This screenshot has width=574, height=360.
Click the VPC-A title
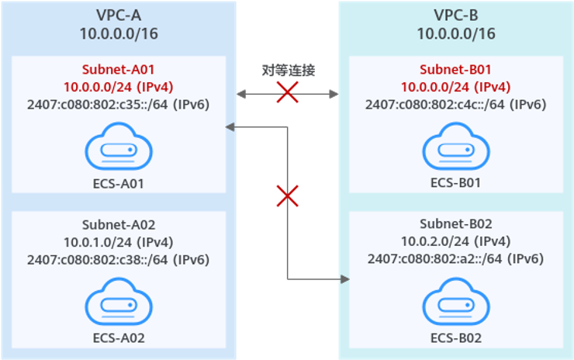point(118,14)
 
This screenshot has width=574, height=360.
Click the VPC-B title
point(455,14)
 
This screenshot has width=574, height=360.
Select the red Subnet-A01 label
point(118,68)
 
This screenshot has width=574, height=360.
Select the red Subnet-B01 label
point(455,68)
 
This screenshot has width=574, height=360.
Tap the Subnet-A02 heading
point(118,225)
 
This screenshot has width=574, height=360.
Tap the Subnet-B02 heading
point(455,225)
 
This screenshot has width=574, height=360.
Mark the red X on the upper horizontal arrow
point(288,94)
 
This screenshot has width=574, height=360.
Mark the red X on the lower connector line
point(288,195)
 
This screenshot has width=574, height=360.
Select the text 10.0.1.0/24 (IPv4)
point(118,242)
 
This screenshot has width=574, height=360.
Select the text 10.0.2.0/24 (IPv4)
point(455,242)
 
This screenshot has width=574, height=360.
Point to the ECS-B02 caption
point(455,337)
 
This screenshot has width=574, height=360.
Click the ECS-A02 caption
point(118,337)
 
